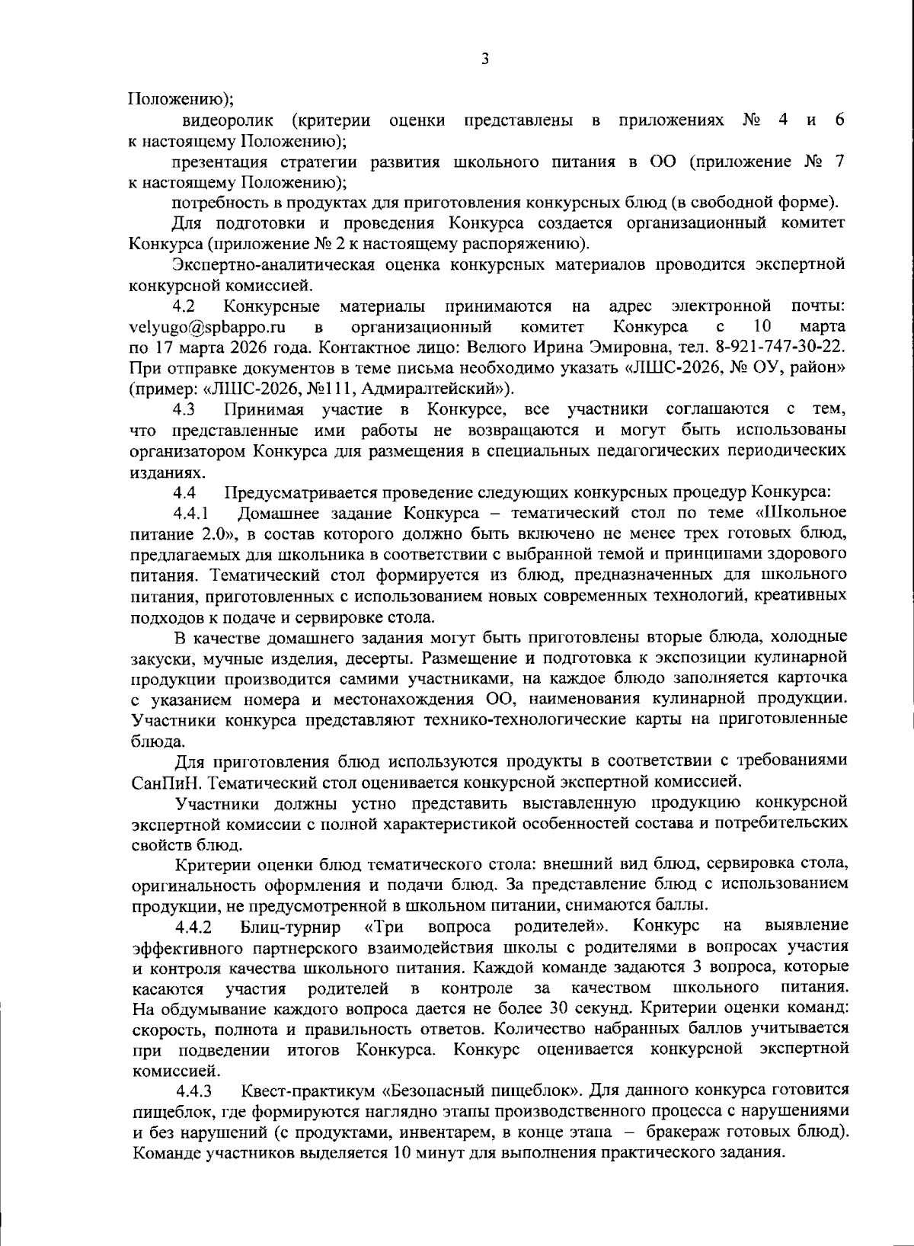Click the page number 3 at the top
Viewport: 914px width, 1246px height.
click(484, 59)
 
